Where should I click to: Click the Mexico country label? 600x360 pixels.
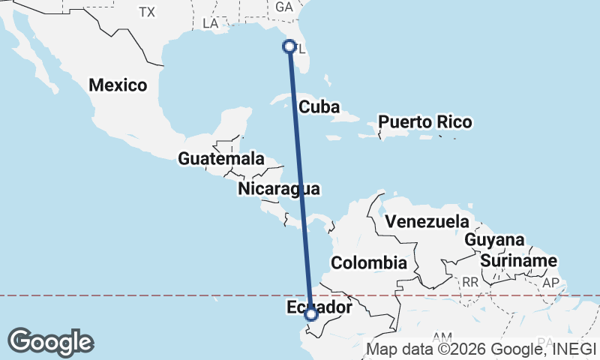(x=118, y=85)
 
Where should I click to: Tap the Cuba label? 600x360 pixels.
(x=314, y=106)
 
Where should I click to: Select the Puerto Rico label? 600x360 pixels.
(x=424, y=121)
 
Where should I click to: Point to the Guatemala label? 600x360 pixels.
(x=220, y=159)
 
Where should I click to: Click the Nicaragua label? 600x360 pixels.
(x=279, y=188)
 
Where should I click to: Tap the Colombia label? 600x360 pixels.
(x=368, y=263)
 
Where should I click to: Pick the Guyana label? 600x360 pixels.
(x=493, y=240)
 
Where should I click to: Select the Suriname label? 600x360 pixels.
(x=520, y=261)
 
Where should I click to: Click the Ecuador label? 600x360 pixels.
(x=319, y=308)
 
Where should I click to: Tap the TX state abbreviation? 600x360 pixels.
(x=146, y=12)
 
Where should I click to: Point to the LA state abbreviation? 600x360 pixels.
(x=210, y=24)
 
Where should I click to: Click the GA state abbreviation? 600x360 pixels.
(x=284, y=7)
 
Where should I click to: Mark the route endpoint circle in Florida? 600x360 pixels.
(x=289, y=46)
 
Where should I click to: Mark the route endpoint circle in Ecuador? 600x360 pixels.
(x=311, y=315)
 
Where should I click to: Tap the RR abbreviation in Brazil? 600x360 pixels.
(x=470, y=282)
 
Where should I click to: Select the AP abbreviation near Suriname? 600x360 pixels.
(x=551, y=283)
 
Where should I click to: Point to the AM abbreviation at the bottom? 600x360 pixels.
(x=442, y=338)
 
